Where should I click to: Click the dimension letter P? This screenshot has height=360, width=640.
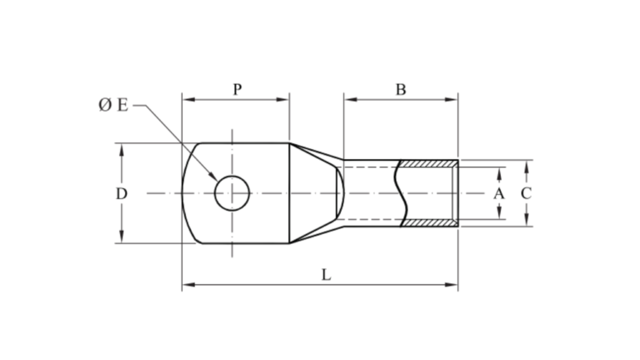(x=237, y=89)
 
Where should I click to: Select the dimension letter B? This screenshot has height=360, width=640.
(x=401, y=89)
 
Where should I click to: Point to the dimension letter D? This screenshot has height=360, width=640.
(x=122, y=193)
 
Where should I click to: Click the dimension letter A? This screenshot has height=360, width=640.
(x=499, y=193)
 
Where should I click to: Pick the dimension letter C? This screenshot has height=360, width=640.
(x=526, y=193)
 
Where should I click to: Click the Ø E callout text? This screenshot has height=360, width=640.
(x=113, y=106)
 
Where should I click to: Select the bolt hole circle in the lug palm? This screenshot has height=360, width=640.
(x=232, y=193)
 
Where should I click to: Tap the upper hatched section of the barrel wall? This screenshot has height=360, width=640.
(x=430, y=164)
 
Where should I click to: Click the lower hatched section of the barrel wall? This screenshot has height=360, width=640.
(x=430, y=222)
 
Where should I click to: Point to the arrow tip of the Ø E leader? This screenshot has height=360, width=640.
(x=219, y=181)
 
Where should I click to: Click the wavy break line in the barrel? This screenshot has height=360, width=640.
(x=402, y=193)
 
